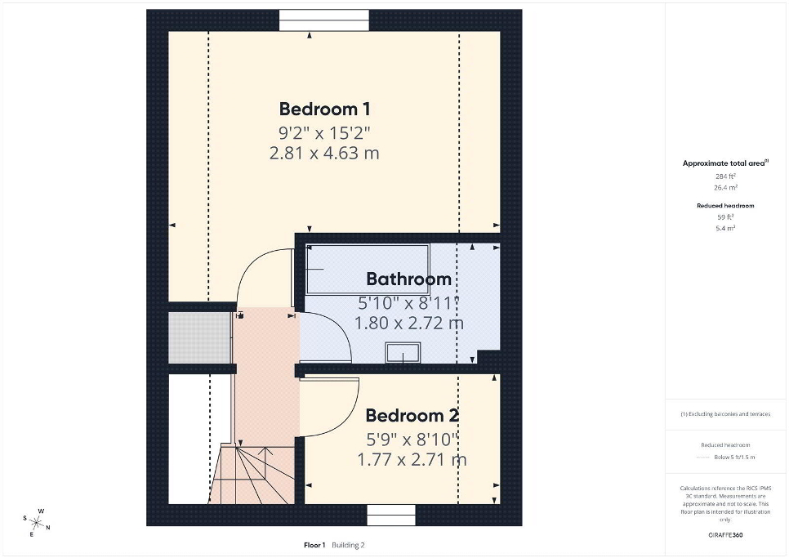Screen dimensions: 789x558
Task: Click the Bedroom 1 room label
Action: click(324, 109)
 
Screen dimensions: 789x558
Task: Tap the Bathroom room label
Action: click(408, 279)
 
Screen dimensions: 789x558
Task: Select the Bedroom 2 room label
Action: click(412, 415)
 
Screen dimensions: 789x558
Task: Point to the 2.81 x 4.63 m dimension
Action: click(324, 153)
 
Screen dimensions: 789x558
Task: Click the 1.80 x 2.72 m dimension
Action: click(408, 323)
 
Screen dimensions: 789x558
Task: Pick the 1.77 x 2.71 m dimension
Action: click(412, 459)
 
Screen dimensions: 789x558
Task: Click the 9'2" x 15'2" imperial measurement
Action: click(324, 133)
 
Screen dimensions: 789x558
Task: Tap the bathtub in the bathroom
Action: click(368, 269)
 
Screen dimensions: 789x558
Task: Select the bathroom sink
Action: click(403, 352)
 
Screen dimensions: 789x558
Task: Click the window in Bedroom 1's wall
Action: click(324, 20)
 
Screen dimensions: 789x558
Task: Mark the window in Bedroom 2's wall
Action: click(391, 516)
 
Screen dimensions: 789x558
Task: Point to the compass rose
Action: click(37, 523)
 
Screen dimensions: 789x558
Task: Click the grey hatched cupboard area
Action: click(200, 337)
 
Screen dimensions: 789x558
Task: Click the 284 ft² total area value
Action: click(725, 176)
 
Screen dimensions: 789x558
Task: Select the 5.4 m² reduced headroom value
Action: click(725, 228)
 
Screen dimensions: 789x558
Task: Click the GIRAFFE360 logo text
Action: click(725, 535)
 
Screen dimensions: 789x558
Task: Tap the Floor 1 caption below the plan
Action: click(314, 545)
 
